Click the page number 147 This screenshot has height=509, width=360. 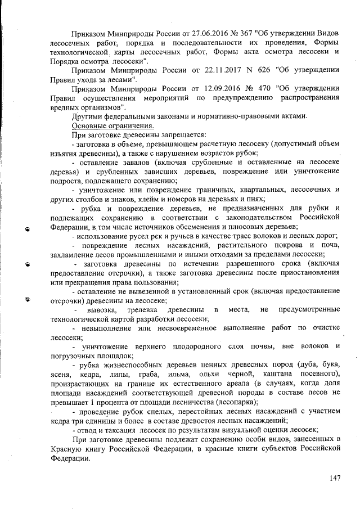[336, 478]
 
